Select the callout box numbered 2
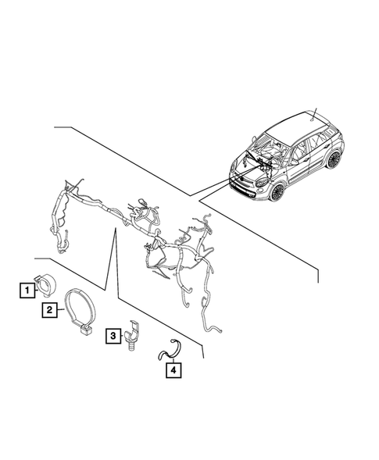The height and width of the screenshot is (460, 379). coord(48,310)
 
